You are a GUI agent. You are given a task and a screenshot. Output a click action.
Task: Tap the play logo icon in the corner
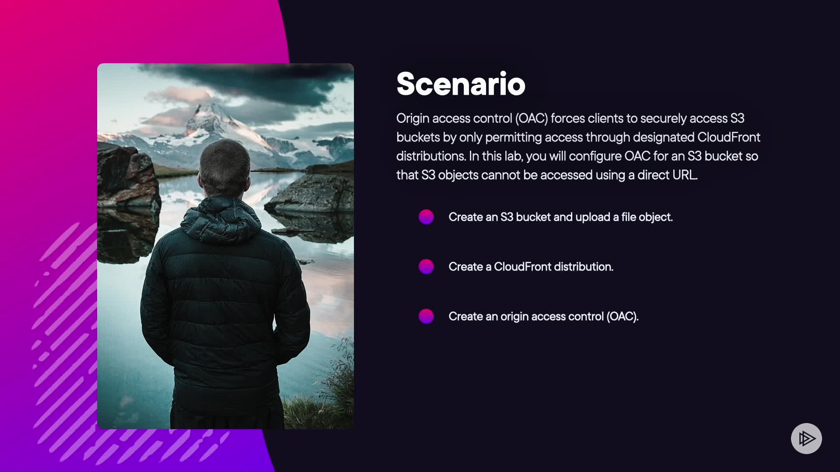[x=806, y=438]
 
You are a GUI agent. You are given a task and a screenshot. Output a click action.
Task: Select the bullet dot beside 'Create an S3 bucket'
[x=426, y=217]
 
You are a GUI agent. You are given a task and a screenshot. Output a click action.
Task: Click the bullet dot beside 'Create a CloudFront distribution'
[x=426, y=267]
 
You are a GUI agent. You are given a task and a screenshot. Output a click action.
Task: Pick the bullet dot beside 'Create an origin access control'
[x=426, y=316]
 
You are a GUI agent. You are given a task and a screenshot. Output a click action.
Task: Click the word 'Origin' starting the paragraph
[x=413, y=119]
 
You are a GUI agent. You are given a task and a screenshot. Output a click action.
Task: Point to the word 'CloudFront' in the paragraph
[x=729, y=137]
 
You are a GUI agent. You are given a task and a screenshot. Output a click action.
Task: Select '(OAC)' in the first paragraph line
[x=532, y=119]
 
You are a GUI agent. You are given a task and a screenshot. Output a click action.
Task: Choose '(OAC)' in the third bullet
[x=622, y=316]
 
